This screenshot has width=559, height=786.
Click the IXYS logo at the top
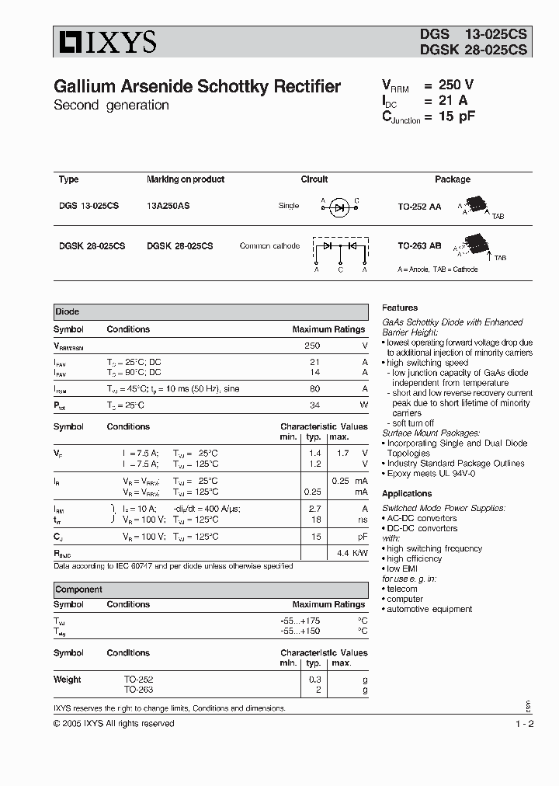click(105, 42)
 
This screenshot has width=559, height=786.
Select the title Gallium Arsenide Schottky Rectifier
click(197, 87)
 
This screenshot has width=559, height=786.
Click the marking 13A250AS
click(168, 206)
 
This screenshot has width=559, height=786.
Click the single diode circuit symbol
click(339, 207)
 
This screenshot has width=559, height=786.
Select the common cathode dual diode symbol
click(339, 248)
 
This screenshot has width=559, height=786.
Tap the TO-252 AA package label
click(419, 206)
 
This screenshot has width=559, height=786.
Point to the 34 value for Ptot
click(314, 405)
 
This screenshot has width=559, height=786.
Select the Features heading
click(400, 308)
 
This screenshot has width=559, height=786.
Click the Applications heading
click(407, 493)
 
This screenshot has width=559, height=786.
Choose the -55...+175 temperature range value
click(300, 621)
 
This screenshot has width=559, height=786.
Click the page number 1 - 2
click(524, 724)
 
